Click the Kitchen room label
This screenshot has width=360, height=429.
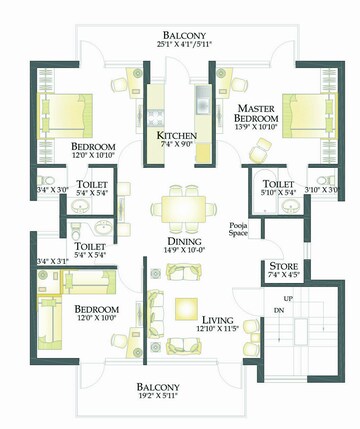[x=176, y=135]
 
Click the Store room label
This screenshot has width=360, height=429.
[x=282, y=265]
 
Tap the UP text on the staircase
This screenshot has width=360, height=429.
[x=288, y=299]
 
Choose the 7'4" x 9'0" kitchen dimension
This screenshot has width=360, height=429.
[x=176, y=147]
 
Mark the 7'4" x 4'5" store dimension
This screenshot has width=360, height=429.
[x=282, y=276]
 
